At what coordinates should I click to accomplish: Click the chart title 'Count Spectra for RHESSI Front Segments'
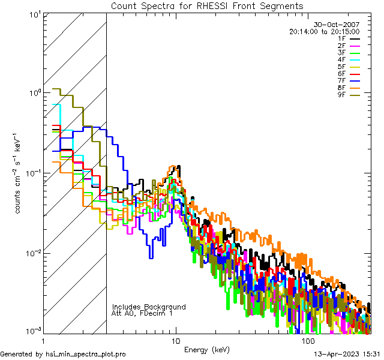point(207,5)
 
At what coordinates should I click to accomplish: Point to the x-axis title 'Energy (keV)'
point(206,350)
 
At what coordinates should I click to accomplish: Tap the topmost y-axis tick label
point(34,14)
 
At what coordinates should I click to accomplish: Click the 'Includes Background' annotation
point(149,307)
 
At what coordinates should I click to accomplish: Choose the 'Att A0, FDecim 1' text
point(142,313)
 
